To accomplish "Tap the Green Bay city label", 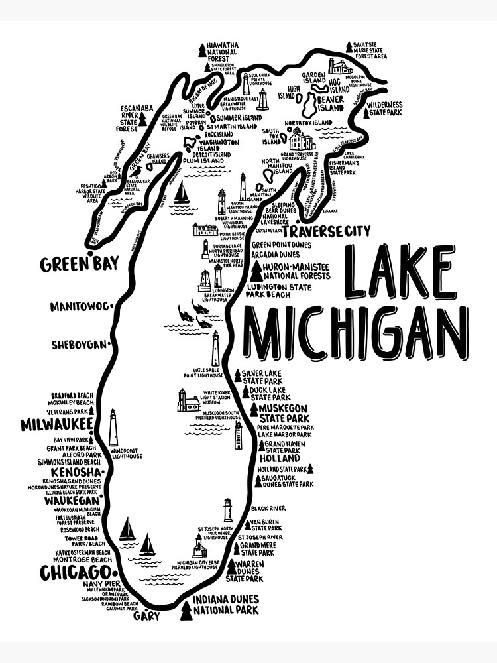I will [79, 264].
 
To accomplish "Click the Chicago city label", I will [74, 572].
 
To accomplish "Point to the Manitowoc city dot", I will [111, 306].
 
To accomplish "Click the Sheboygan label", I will [79, 345].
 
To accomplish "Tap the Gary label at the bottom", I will [146, 616].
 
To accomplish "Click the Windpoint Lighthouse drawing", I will [113, 428].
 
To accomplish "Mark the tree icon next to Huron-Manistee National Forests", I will [256, 271].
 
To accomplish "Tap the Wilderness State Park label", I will [385, 109].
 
